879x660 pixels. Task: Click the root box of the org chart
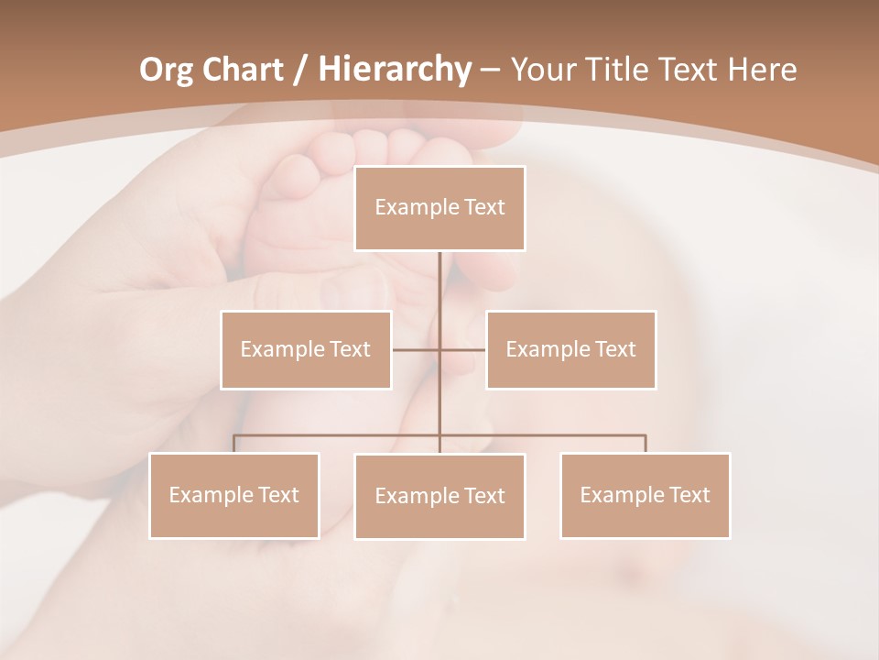coord(439,208)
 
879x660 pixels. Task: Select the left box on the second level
coord(306,349)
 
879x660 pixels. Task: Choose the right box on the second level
coord(570,349)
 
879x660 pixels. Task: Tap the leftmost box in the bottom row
coord(234,495)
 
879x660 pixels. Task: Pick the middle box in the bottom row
coord(439,496)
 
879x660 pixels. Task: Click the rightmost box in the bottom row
coord(645,495)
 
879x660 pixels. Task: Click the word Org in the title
coord(166,69)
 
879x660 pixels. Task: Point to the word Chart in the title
coord(242,69)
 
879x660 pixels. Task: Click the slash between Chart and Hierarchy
coord(299,70)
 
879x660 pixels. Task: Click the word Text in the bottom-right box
coord(689,495)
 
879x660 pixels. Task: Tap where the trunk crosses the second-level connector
coord(439,349)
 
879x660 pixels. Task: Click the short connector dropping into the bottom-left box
coord(234,444)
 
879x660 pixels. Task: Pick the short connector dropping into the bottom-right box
coord(645,444)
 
